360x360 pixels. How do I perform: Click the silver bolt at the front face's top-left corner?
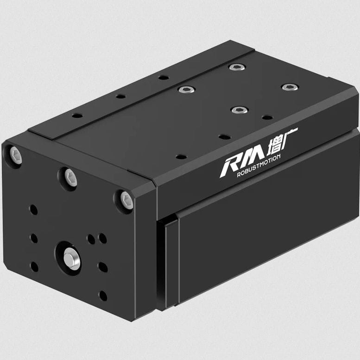coord(15,155)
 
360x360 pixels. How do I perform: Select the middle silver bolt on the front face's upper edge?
coord(70,177)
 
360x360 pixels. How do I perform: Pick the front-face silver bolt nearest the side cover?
coord(126,200)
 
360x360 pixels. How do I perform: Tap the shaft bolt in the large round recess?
coord(71,258)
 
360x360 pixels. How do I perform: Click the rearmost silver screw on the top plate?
coord(237,67)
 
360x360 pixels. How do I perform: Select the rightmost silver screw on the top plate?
coord(290,87)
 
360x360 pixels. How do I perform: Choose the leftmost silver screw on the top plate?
coord(186,89)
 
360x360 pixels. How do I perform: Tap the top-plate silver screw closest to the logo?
coord(239,110)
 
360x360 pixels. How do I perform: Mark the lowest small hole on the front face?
coord(103,295)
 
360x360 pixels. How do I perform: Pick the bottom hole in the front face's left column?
coord(34,267)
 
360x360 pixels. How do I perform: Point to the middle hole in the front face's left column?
coord(34,238)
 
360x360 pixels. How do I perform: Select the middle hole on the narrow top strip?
coord(121,96)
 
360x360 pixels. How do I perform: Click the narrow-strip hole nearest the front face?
coord(77,115)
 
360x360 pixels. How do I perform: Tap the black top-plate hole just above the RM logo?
coord(224,137)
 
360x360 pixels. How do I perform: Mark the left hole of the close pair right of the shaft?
coord(91,239)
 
